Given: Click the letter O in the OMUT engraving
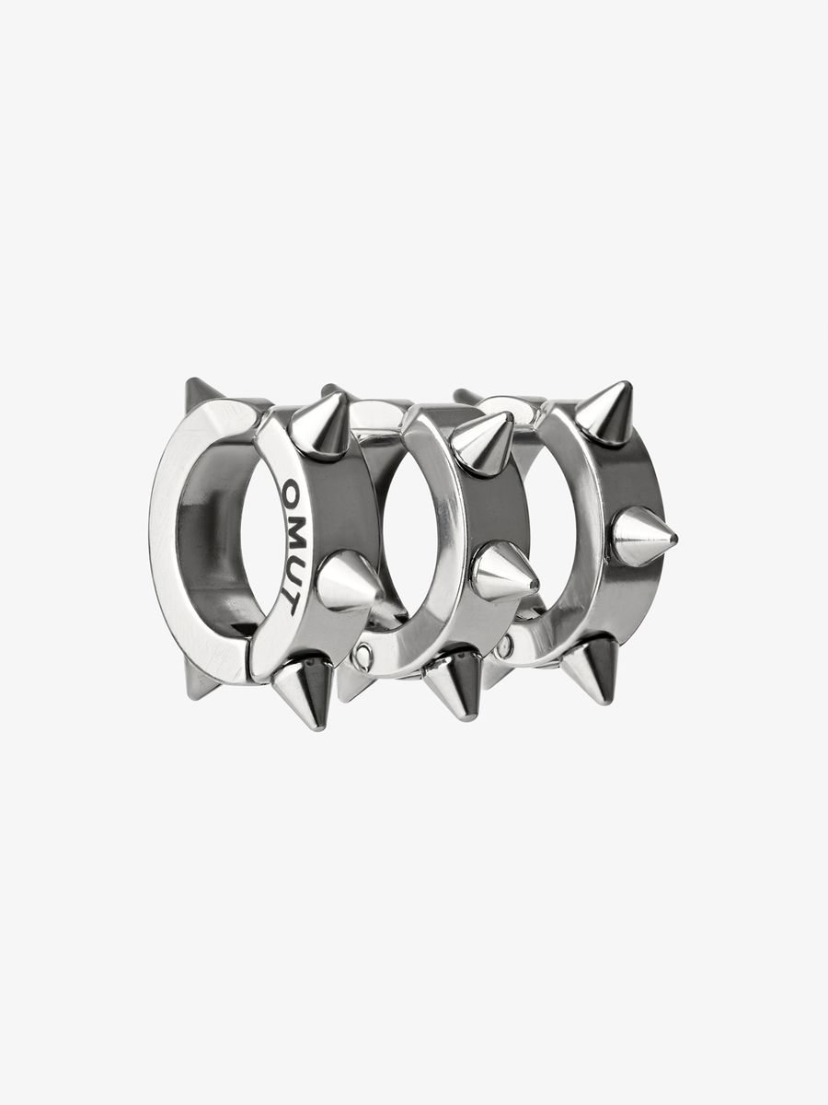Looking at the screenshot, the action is point(291,489).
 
